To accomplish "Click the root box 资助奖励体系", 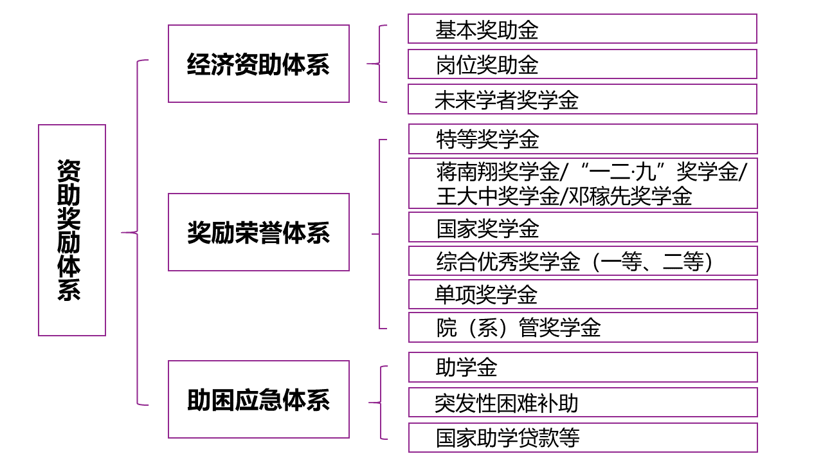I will (72, 230).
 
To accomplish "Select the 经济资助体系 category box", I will (258, 64).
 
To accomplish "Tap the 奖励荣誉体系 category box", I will (258, 232).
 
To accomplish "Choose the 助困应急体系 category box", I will (258, 399).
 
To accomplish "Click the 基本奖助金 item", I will (582, 29).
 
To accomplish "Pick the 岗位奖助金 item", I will (582, 64).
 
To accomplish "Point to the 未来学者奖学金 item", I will (582, 99).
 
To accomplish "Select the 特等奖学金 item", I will (583, 139).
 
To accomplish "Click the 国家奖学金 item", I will (583, 227).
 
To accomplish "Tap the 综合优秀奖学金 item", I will (583, 261).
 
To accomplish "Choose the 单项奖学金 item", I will (583, 295).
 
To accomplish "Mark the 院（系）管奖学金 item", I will (583, 327).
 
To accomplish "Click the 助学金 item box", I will (583, 367).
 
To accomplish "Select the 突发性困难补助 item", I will (583, 403).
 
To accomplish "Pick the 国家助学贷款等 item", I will (583, 437).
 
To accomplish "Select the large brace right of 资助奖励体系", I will (138, 232).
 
